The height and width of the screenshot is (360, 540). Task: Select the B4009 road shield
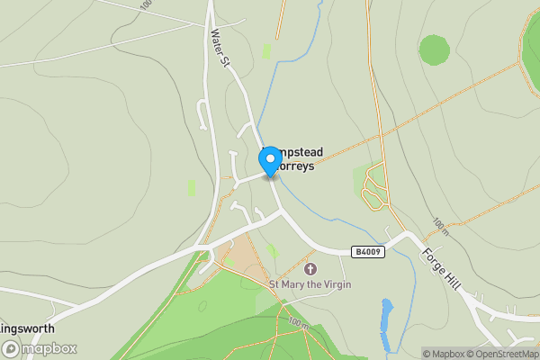(369, 252)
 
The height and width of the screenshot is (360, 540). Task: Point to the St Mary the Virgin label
(310, 284)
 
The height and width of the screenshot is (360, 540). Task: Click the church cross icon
(310, 269)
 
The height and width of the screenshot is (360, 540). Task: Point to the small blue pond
(388, 324)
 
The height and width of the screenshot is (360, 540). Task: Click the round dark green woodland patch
(435, 49)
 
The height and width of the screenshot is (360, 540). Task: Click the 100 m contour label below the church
(297, 321)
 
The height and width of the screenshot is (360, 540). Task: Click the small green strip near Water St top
(266, 51)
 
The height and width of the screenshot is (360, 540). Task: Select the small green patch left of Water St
(192, 187)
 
